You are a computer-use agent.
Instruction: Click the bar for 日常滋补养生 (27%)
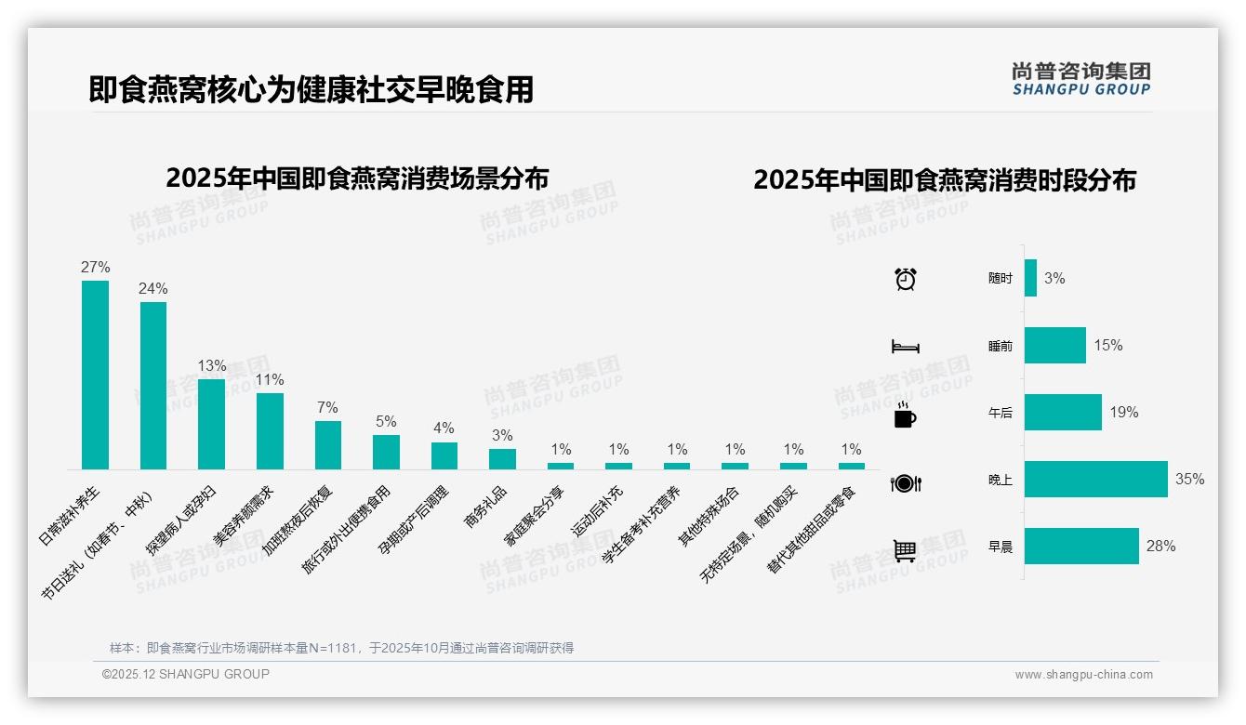click(95, 375)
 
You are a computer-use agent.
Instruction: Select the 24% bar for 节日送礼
click(153, 385)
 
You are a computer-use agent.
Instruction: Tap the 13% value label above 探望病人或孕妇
click(211, 366)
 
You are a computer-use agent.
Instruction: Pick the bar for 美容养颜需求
click(270, 430)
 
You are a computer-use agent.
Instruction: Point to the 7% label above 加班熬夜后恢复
click(327, 408)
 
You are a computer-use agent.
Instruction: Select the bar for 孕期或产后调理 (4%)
click(444, 455)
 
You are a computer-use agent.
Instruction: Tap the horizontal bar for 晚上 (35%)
click(1095, 480)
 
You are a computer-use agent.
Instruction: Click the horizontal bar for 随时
click(1030, 278)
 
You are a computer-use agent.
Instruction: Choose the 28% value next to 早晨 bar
click(1160, 547)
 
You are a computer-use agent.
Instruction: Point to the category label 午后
click(1000, 413)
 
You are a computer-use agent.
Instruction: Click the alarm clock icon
click(906, 278)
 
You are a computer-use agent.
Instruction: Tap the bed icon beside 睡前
click(906, 347)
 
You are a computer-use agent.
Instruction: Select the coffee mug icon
click(905, 415)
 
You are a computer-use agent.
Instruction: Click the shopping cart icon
click(905, 550)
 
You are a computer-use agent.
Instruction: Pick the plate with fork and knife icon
click(906, 483)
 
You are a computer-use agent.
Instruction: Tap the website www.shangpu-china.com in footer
click(1083, 675)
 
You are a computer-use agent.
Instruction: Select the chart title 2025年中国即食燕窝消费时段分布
click(945, 180)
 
